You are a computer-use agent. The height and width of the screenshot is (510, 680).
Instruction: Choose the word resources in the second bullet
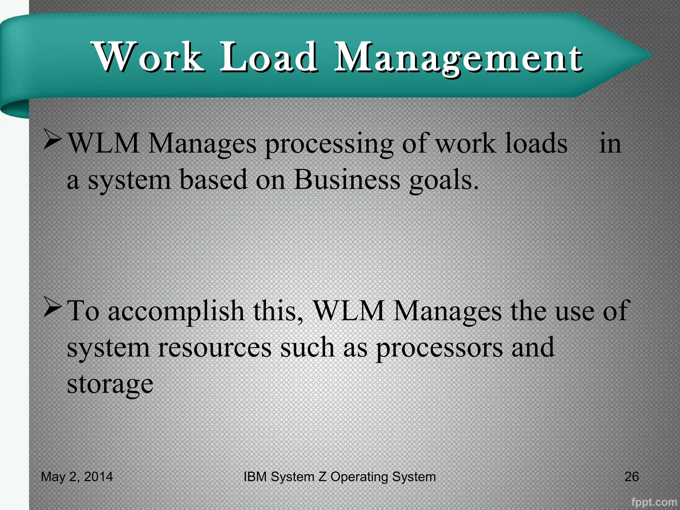(214, 347)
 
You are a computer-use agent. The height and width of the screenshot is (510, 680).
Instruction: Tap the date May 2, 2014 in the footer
(77, 477)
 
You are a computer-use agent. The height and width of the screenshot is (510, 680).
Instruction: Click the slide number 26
(632, 477)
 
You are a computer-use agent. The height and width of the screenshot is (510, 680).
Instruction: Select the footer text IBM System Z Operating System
(340, 477)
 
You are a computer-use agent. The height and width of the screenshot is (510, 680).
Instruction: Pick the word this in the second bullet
(278, 311)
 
